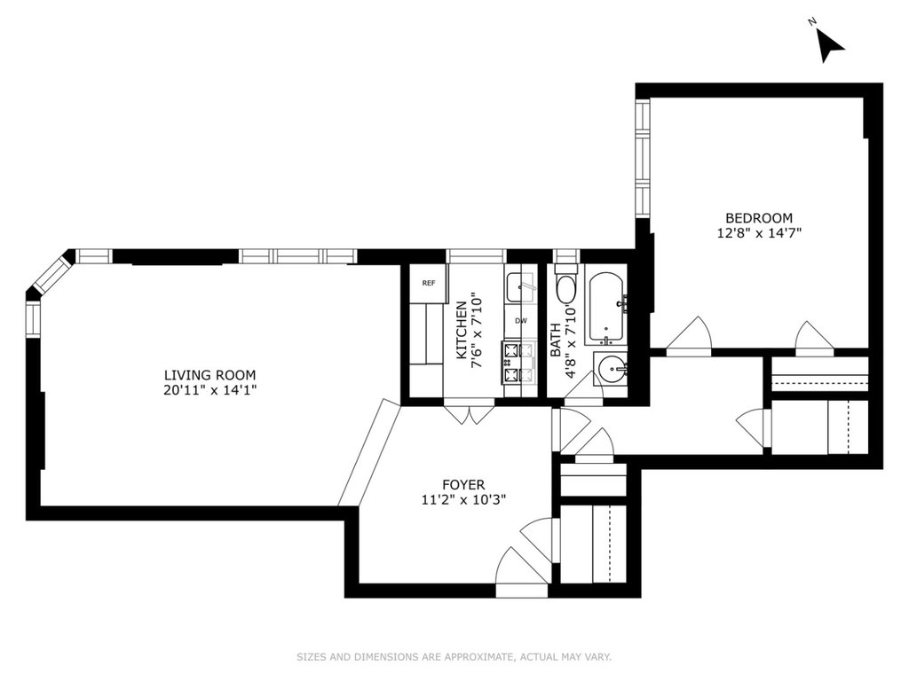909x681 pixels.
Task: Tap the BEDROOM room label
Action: pyautogui.click(x=759, y=218)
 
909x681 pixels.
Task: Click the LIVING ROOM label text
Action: pyautogui.click(x=209, y=375)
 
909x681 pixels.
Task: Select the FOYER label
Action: pyautogui.click(x=463, y=485)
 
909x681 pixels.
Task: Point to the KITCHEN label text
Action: pyautogui.click(x=462, y=330)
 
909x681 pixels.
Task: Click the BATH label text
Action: pyautogui.click(x=556, y=340)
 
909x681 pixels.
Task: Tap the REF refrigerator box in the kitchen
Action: pyautogui.click(x=429, y=283)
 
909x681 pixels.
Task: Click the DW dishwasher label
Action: pyautogui.click(x=520, y=320)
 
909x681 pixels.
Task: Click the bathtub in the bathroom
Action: pyautogui.click(x=606, y=309)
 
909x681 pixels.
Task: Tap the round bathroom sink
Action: pyautogui.click(x=613, y=369)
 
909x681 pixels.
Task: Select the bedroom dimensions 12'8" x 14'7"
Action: pyautogui.click(x=759, y=233)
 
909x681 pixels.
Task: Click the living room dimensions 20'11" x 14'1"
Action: pyautogui.click(x=209, y=390)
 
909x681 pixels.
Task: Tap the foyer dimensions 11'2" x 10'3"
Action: pyautogui.click(x=463, y=499)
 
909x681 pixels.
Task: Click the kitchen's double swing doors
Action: pyautogui.click(x=470, y=411)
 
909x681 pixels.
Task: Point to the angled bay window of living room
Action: pyautogui.click(x=51, y=273)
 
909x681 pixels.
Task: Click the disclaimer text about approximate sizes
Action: pyautogui.click(x=454, y=657)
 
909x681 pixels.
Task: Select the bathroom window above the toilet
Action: pyautogui.click(x=566, y=255)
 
